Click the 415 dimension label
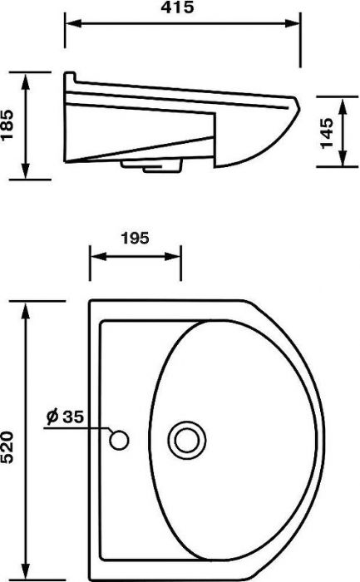[177, 7]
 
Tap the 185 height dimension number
[7, 125]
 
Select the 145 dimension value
[327, 133]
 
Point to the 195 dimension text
[135, 238]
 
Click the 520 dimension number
[7, 447]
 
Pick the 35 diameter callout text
[73, 417]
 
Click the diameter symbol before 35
[52, 417]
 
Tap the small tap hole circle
[119, 440]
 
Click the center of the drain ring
[187, 441]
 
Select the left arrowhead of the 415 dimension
[73, 23]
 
